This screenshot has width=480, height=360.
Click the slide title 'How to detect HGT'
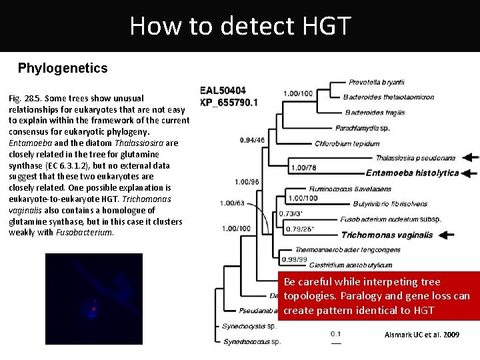240,25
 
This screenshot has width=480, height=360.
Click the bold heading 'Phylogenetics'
63,68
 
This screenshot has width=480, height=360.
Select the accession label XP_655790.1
229,102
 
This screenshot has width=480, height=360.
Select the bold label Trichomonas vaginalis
387,235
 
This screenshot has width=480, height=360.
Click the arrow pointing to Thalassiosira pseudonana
470,157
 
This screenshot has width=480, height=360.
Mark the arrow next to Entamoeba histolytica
470,173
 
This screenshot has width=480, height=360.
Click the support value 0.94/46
251,140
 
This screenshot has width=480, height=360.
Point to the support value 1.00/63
233,203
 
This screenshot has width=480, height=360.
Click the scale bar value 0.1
336,334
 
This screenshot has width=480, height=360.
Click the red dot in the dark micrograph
94,309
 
